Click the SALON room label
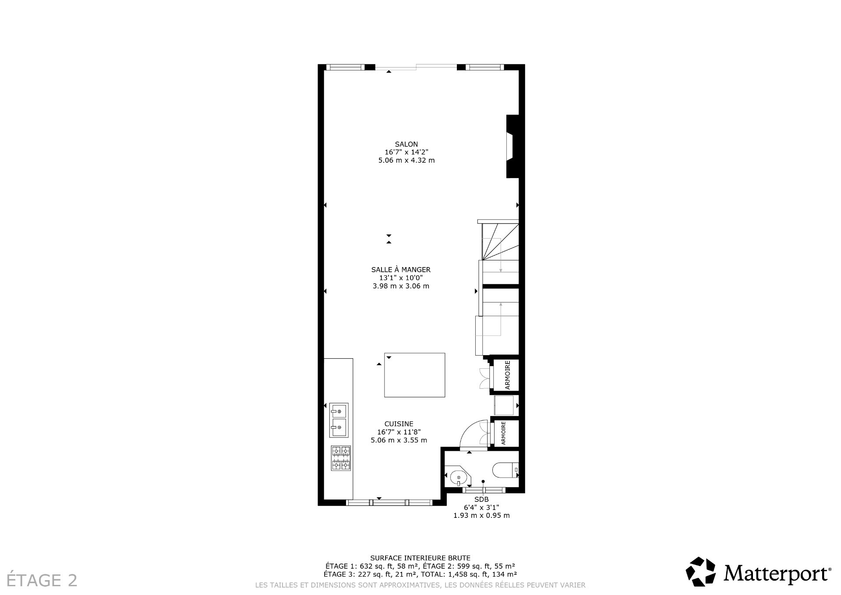click(x=406, y=144)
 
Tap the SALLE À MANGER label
click(x=401, y=270)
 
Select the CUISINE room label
click(x=399, y=424)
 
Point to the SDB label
click(x=481, y=499)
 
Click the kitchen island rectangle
click(x=414, y=375)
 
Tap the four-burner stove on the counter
click(x=341, y=458)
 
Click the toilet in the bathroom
click(x=505, y=470)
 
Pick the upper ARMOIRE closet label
click(x=508, y=375)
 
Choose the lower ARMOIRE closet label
click(x=503, y=433)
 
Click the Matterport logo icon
click(x=700, y=573)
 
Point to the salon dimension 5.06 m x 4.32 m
click(x=406, y=160)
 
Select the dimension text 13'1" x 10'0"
click(x=401, y=278)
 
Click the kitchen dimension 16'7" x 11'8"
click(x=399, y=432)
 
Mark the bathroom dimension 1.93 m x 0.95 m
click(x=481, y=516)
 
